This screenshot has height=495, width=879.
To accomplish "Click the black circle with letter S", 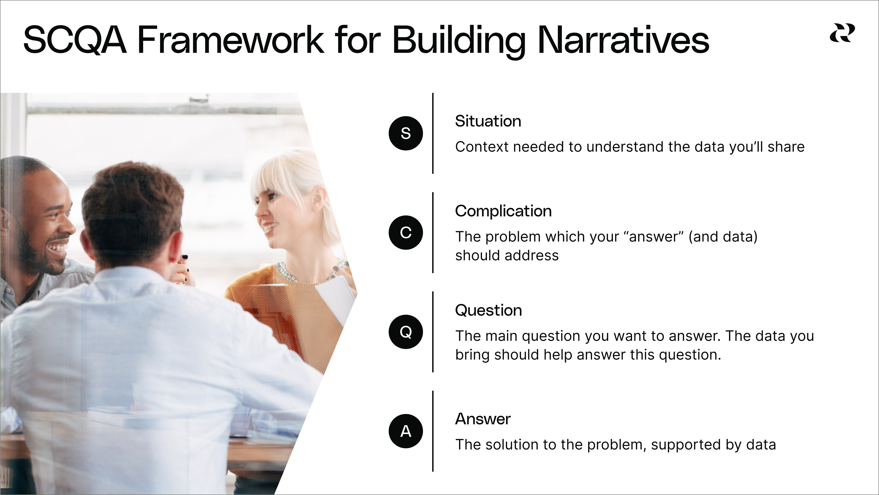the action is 406,133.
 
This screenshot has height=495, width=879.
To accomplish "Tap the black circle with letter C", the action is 406,232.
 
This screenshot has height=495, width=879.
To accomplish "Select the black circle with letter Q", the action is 406,332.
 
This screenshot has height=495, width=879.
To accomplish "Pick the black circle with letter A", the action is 406,431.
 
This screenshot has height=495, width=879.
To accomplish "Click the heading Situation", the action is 488,121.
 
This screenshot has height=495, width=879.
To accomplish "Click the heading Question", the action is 489,311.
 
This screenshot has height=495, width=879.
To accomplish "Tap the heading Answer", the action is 483,419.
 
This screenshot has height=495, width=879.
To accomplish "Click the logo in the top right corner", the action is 842,33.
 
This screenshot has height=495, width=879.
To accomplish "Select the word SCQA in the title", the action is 75,40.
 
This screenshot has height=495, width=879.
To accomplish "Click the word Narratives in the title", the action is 623,40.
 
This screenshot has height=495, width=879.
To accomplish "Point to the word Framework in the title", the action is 231,40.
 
